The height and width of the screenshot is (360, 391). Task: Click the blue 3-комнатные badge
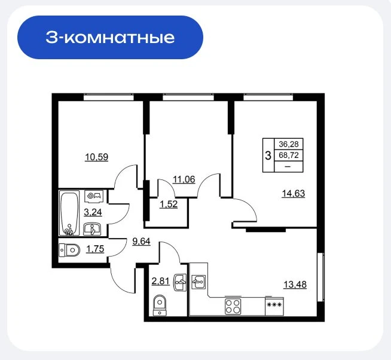tap(110, 38)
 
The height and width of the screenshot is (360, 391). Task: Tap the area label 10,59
tap(96, 157)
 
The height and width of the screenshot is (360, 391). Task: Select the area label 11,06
tap(184, 179)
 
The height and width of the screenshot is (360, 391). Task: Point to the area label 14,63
tap(293, 194)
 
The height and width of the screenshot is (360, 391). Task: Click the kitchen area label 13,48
tap(295, 285)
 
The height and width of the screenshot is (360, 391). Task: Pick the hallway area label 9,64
tap(141, 242)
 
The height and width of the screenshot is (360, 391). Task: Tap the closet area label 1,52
tap(169, 205)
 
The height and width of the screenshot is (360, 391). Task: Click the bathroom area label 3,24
tap(93, 212)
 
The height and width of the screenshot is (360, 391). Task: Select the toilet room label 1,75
tap(95, 249)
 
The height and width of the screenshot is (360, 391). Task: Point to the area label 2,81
tap(161, 282)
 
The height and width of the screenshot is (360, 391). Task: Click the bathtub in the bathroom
tap(69, 213)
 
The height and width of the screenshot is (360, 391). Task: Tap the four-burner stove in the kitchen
tap(233, 306)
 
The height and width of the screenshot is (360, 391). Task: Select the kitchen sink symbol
tap(198, 282)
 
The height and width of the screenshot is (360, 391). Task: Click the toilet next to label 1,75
tap(69, 250)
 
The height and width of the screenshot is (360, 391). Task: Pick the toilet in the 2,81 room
tap(160, 306)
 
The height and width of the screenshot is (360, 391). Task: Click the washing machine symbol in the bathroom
tap(94, 196)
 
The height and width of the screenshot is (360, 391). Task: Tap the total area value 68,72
tap(289, 155)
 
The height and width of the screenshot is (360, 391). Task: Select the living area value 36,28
tap(289, 144)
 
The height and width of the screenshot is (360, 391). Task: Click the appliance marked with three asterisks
tap(274, 305)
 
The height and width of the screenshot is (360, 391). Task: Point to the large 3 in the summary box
tap(268, 155)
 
